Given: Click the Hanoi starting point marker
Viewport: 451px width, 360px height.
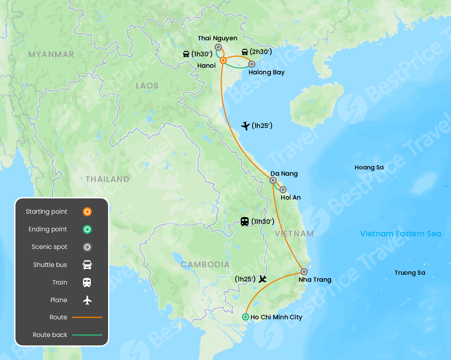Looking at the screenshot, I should click(223, 61).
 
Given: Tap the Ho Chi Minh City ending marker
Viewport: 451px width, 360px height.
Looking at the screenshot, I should click(245, 317).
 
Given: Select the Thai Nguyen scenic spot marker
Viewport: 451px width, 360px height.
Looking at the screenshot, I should click(218, 47).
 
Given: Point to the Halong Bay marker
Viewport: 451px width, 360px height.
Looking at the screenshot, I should click(252, 64).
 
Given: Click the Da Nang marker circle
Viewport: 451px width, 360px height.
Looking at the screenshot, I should click(273, 180).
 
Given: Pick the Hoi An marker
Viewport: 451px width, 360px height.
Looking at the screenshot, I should click(283, 190).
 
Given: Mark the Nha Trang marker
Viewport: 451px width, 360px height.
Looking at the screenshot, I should click(304, 272).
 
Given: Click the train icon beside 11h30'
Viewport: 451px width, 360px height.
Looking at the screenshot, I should click(245, 222).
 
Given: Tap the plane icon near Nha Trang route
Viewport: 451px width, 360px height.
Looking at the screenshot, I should click(262, 279).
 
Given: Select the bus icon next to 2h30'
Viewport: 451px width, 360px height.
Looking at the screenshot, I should click(245, 52).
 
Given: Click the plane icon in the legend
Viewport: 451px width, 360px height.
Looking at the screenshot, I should click(87, 300).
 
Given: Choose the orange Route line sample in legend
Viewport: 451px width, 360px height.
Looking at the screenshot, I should click(87, 317).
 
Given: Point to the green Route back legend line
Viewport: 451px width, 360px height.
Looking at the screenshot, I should click(87, 335).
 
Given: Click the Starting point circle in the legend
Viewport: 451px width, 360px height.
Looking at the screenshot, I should click(87, 212).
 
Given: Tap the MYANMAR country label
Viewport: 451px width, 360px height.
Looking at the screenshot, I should click(51, 54).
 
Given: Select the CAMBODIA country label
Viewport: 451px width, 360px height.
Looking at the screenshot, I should click(205, 265).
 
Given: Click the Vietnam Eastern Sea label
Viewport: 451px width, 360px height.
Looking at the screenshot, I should click(400, 234).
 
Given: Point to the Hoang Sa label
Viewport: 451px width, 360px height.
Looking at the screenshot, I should click(369, 167).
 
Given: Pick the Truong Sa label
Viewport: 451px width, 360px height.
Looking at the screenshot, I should click(410, 273).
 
